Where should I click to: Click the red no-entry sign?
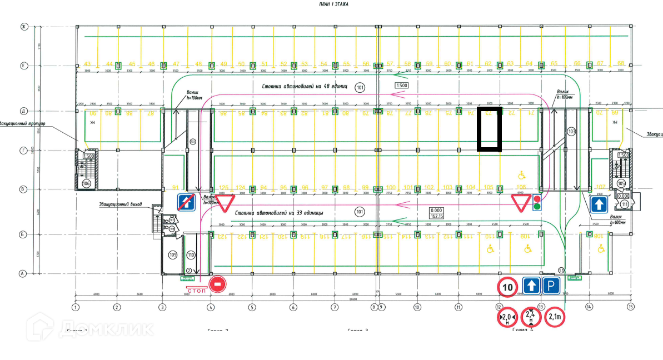pos(217,284)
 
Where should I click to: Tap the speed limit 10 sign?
pos(507,287)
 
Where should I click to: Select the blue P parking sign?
pos(551,287)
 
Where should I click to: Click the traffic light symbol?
pos(537,203)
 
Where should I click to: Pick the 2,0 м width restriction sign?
pos(506,317)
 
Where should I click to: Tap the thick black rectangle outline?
pos(490,129)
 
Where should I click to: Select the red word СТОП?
pos(197,291)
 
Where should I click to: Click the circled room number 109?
pos(173,255)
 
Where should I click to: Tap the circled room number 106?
pos(86,183)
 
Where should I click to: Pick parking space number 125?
pos(224,187)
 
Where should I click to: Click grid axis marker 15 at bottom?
pos(630,306)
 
